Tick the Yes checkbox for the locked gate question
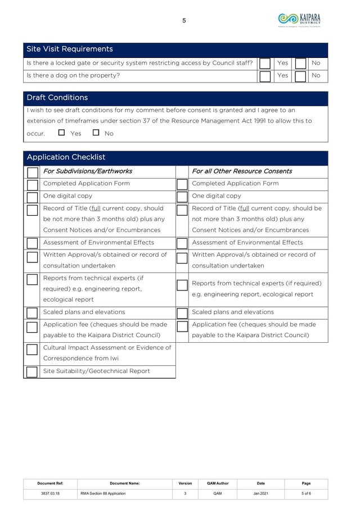265,63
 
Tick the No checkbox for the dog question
301,76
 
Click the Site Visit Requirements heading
70,49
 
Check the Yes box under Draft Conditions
61,133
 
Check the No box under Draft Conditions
96,133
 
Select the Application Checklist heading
66,157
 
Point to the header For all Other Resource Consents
242,171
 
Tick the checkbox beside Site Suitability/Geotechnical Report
32,372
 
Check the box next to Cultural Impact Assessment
32,350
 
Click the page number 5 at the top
184,21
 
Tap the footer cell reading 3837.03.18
50,493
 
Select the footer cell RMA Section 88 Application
102,493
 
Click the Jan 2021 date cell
261,493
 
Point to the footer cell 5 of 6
306,493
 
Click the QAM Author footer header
218,483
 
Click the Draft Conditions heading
57,98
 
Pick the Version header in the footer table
185,483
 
